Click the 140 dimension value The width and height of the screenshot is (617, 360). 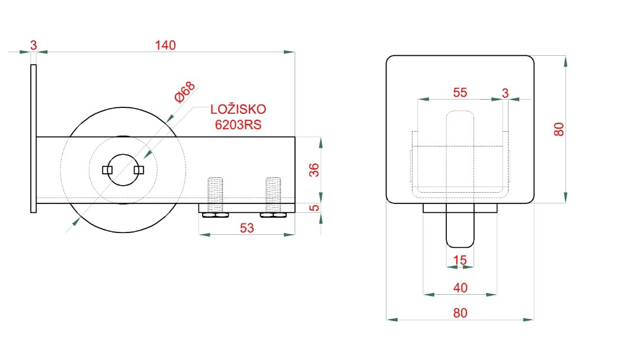click(x=165, y=45)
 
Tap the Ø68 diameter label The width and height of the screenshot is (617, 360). click(x=184, y=92)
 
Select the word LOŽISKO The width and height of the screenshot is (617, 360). click(x=238, y=109)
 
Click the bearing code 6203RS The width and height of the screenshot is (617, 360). click(x=238, y=125)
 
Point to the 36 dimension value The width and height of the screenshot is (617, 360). click(x=314, y=170)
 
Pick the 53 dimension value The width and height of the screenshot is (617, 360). click(x=247, y=228)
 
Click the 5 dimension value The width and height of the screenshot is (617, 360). click(x=314, y=208)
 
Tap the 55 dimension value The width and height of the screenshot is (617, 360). click(x=460, y=93)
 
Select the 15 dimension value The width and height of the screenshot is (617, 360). click(x=459, y=260)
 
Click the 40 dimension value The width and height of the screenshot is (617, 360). click(x=460, y=288)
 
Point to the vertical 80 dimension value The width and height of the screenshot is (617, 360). click(x=559, y=129)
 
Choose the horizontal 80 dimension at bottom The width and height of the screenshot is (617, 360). click(x=460, y=313)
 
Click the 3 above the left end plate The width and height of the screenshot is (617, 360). click(x=33, y=45)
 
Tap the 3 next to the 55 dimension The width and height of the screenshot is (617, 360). click(x=505, y=93)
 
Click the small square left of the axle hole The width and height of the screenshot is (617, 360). click(x=107, y=170)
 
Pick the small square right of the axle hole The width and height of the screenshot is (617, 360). click(x=139, y=170)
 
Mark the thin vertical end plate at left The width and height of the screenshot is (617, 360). click(x=33, y=139)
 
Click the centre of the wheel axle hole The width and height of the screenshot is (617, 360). click(x=123, y=170)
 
